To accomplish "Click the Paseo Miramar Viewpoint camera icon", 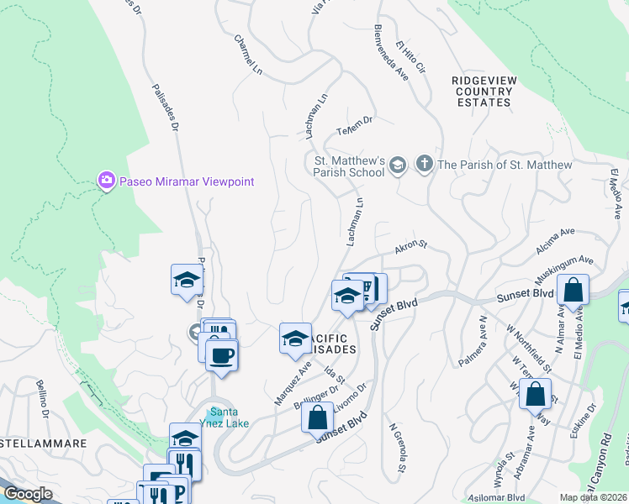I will coord(106,181).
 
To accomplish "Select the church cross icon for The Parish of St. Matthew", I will coord(425,165).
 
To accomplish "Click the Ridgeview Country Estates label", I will coord(482,91).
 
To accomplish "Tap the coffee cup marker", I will coord(221,355).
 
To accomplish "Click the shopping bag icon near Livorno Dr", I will coord(317,417).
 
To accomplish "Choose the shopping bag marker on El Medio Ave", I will coord(573,291).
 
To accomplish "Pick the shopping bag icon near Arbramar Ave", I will coord(535,394).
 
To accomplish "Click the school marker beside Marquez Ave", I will coord(295,339).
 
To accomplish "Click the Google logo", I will coord(28,494).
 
